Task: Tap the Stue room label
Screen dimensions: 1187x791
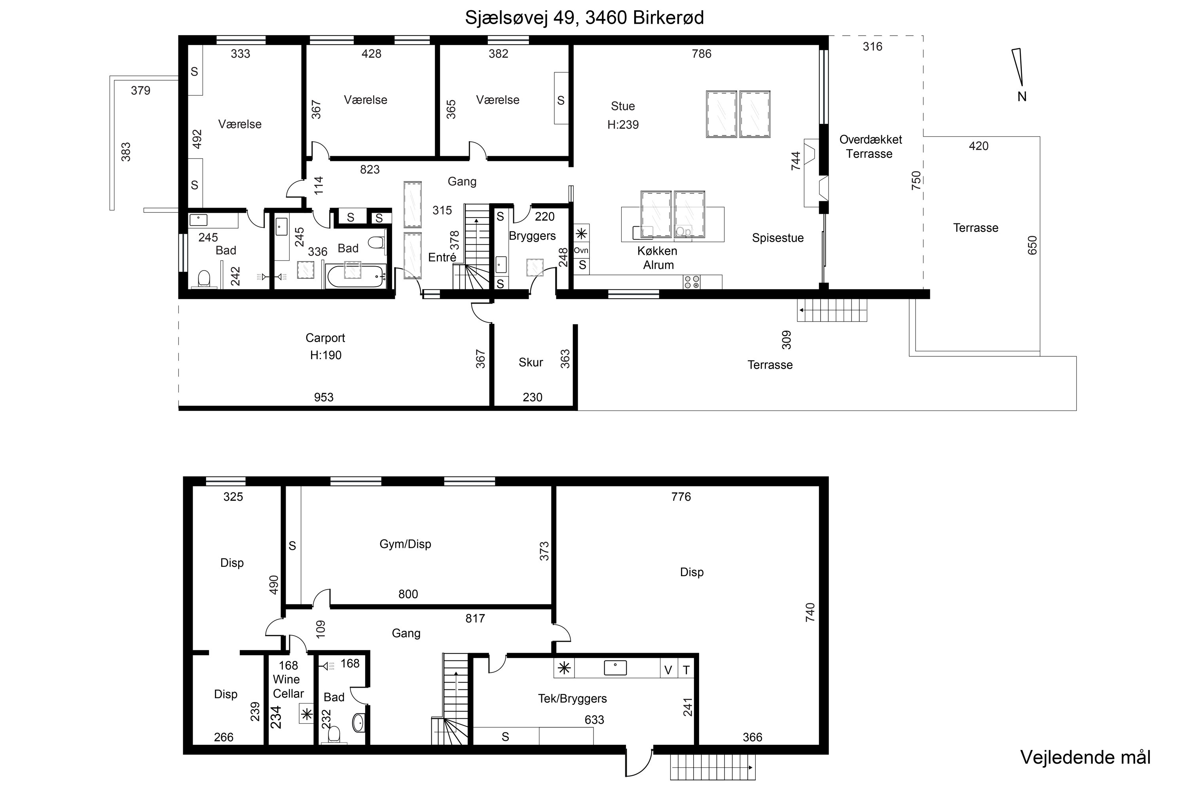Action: [623, 106]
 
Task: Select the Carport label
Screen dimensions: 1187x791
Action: [325, 338]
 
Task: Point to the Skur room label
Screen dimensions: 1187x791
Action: [531, 362]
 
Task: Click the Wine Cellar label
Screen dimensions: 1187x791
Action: [288, 687]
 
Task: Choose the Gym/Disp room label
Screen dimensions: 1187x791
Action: [405, 544]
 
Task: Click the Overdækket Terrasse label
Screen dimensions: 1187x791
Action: [870, 147]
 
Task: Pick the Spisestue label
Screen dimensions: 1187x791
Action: [778, 238]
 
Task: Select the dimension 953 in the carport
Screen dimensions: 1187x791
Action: [324, 397]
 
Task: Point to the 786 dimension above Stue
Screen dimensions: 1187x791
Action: [702, 54]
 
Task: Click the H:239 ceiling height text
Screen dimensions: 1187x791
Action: [623, 125]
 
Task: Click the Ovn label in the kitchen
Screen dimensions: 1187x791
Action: [581, 250]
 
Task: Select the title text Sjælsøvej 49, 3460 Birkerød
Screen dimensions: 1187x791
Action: [584, 18]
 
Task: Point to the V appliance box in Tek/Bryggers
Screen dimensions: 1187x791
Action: [668, 670]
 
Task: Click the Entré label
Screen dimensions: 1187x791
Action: [442, 257]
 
